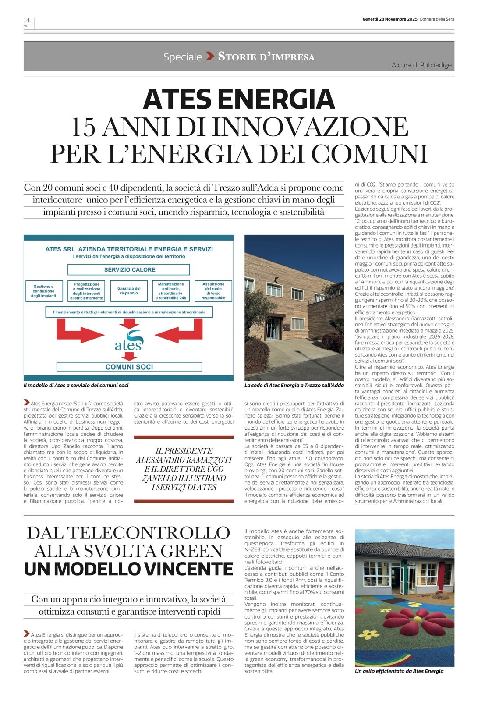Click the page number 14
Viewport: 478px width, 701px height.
click(26, 20)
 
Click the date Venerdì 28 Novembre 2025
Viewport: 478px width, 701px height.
click(390, 19)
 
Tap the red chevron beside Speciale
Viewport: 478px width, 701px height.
click(210, 56)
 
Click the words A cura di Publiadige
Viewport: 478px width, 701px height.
click(421, 65)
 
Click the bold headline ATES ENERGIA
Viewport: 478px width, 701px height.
click(239, 99)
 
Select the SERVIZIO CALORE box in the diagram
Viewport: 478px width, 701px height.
click(129, 269)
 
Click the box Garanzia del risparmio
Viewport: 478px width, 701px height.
click(129, 291)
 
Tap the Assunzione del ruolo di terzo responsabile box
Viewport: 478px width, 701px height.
click(213, 291)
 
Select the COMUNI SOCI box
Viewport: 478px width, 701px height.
click(129, 367)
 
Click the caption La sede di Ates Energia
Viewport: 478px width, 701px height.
click(294, 386)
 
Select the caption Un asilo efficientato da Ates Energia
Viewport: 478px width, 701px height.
click(399, 671)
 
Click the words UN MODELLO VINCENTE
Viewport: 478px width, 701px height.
click(128, 568)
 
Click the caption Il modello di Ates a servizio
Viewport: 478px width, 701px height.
click(76, 386)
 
